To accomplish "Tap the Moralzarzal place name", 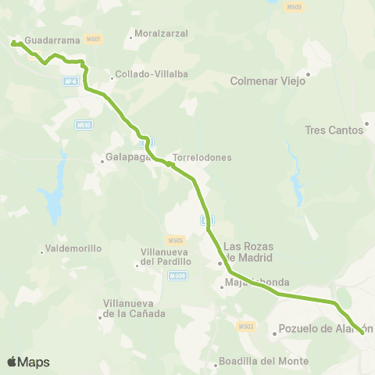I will click(x=159, y=34).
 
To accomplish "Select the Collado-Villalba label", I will click(x=152, y=74).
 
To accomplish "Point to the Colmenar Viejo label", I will click(x=268, y=80).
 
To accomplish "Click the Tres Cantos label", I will click(x=335, y=130).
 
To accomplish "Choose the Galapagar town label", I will click(x=127, y=156).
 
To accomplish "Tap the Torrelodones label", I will click(x=202, y=157).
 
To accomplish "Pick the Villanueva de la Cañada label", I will click(x=134, y=309).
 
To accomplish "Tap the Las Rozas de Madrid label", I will click(x=248, y=252).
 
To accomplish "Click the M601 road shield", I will click(x=94, y=38).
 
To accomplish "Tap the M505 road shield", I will click(x=174, y=240).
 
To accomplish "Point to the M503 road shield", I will click(x=246, y=326).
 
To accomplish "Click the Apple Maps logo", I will click(x=28, y=362).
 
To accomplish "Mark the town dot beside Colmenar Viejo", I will click(x=309, y=75).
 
